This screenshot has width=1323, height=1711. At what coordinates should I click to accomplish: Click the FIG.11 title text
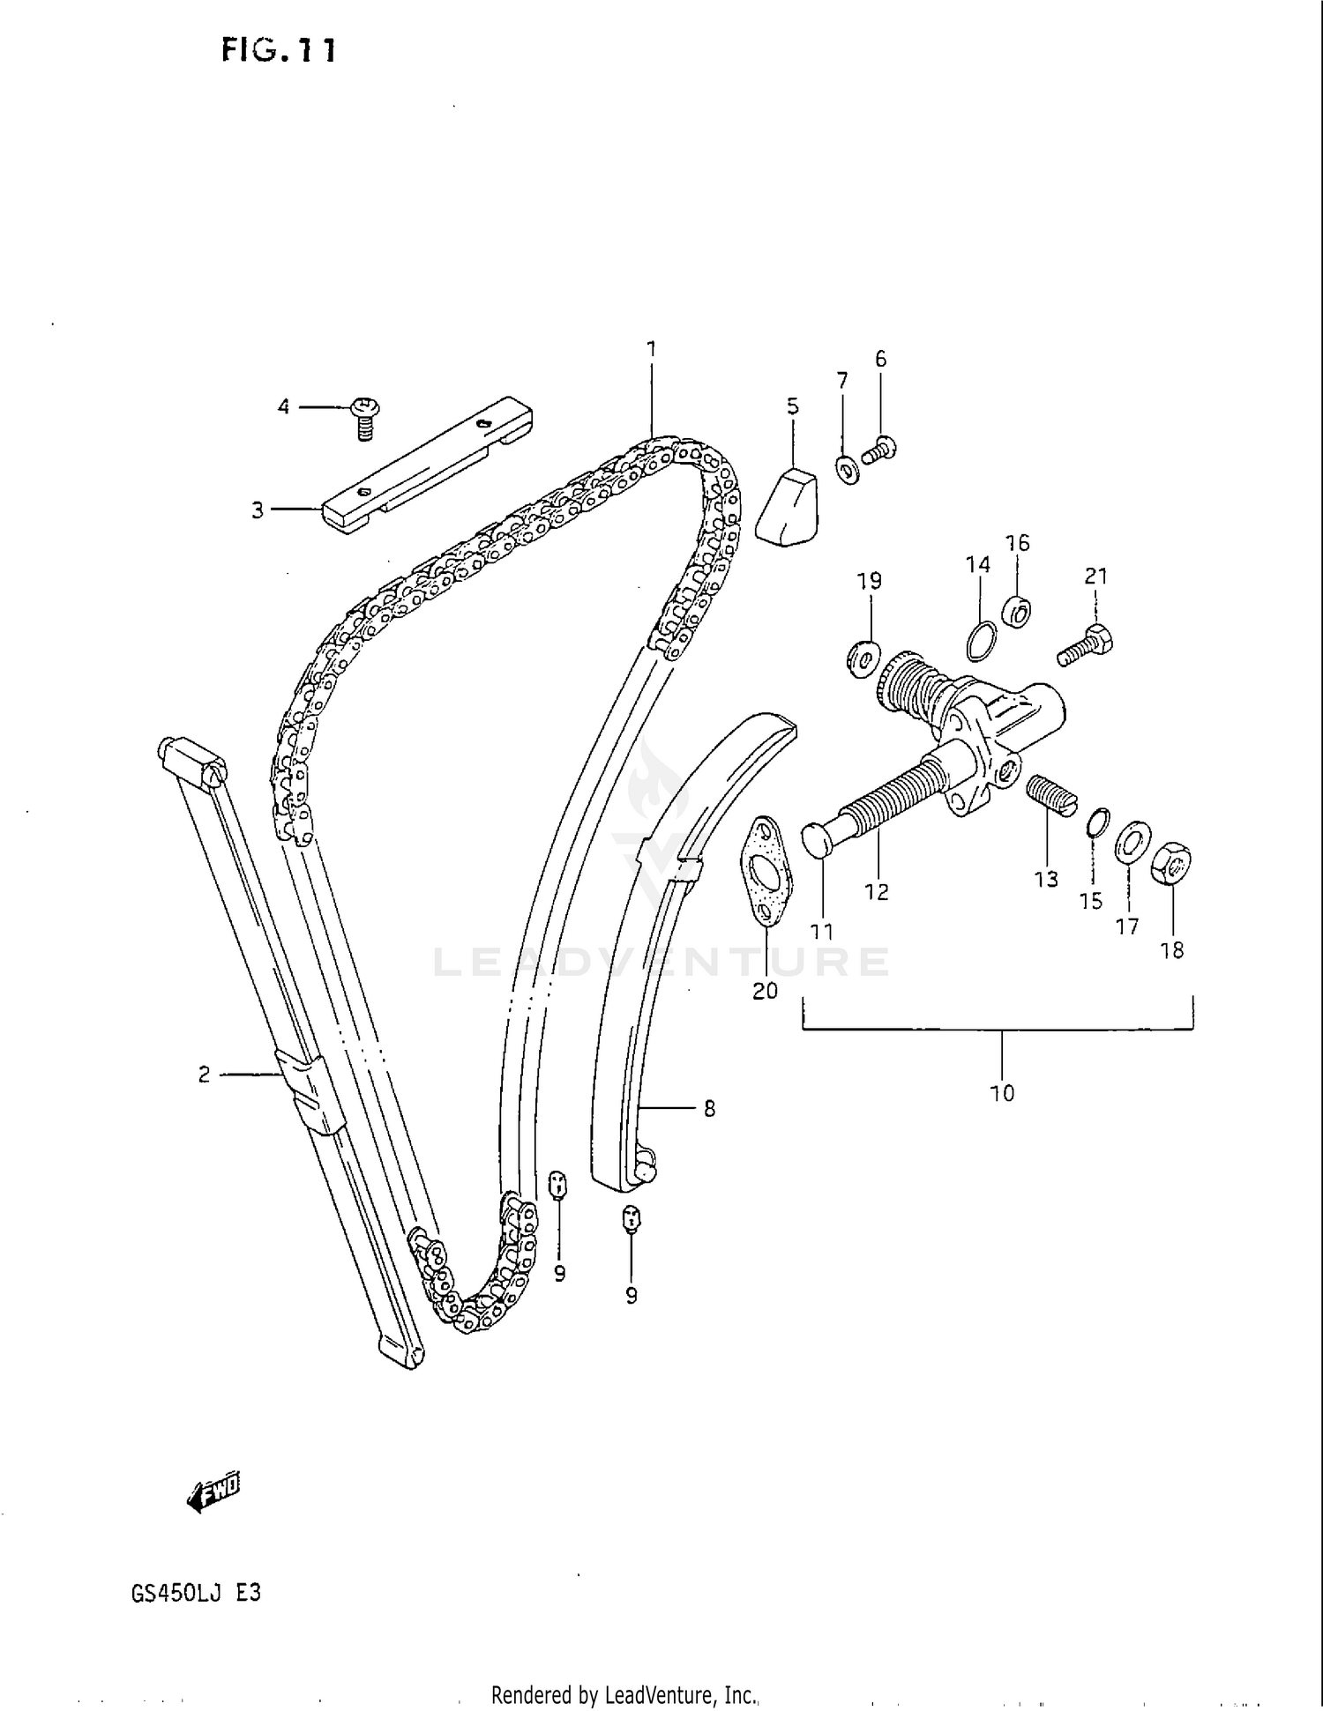[278, 50]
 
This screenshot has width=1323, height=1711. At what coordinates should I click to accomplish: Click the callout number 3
[258, 510]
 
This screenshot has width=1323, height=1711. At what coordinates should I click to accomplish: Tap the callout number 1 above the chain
[651, 349]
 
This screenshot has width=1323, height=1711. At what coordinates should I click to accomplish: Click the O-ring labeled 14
[983, 641]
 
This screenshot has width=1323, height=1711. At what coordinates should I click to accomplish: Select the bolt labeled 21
[1086, 644]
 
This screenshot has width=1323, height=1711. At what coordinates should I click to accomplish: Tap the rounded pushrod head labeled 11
[818, 840]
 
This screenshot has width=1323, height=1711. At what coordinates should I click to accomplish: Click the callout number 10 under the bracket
[1002, 1094]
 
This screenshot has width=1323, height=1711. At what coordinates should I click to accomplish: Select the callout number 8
[709, 1109]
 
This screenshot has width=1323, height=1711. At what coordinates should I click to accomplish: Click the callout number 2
[204, 1075]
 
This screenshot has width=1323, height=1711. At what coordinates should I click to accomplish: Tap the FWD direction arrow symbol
[213, 1492]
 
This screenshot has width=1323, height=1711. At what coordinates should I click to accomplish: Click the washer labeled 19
[862, 656]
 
